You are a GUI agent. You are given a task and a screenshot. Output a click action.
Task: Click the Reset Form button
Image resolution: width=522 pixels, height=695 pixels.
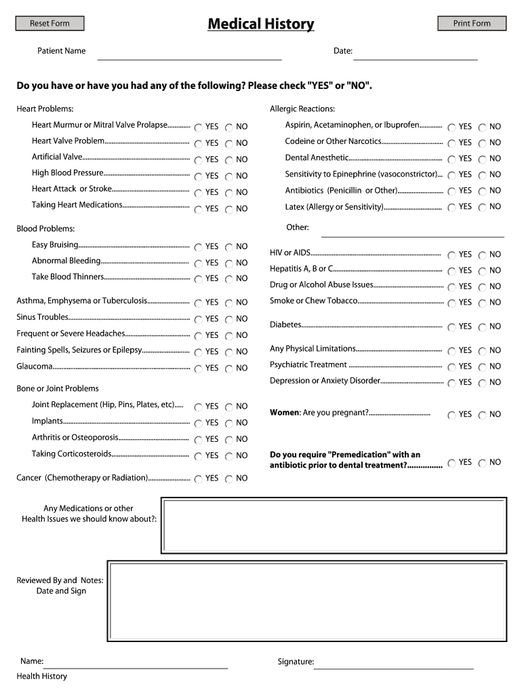pos(49,24)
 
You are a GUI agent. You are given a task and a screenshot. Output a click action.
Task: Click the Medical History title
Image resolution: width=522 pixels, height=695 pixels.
pos(261,24)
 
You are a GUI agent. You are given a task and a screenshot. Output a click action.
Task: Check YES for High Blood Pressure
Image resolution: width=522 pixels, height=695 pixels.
pos(198,176)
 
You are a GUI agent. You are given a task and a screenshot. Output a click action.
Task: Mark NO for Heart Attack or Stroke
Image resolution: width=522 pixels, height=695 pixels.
pos(229,192)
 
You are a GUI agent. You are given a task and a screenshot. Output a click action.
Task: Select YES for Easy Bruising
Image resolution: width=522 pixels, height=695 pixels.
pos(198,247)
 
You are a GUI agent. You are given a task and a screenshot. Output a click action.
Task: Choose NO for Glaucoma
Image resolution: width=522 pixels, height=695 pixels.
pos(229,369)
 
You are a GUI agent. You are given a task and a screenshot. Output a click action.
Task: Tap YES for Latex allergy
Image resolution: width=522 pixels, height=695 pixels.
pos(451,207)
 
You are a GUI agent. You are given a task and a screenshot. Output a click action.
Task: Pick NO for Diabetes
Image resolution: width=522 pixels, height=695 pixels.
pos(483,327)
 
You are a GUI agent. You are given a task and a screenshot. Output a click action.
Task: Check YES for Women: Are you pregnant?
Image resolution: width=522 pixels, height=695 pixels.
pos(451,415)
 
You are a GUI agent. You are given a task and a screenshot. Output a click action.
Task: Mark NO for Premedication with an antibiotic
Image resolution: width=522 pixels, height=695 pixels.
pos(483,463)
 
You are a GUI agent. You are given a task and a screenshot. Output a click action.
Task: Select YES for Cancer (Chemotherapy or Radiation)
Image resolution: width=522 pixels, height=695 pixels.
pos(198,478)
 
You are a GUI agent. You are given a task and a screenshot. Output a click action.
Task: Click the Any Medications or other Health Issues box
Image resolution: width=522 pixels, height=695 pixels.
pos(334,525)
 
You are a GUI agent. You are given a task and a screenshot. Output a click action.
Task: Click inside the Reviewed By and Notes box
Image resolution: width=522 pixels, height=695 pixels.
pos(306,601)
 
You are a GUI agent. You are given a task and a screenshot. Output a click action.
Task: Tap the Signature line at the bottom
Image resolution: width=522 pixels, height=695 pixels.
pos(393,664)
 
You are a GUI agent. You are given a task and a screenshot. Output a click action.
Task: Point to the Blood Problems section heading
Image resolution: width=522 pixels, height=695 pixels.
pos(45,229)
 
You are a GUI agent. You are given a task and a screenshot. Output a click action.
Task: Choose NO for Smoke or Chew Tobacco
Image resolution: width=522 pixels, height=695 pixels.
pos(483,303)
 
